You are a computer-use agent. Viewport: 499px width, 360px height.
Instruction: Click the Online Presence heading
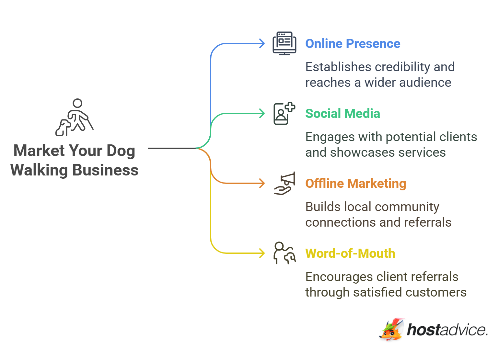tap(353, 44)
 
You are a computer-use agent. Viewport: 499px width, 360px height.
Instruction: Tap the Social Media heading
tap(342, 114)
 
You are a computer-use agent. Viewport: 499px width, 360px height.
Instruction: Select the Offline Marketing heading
tap(355, 184)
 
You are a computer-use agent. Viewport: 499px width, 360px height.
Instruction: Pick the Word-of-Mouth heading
tap(350, 253)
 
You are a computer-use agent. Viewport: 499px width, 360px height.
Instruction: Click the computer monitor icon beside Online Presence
tap(284, 43)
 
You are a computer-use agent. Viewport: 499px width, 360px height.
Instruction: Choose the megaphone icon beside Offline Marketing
tap(285, 183)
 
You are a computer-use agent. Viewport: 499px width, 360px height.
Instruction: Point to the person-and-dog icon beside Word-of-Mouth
tap(284, 253)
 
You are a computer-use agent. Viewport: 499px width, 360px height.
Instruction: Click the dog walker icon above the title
tap(75, 117)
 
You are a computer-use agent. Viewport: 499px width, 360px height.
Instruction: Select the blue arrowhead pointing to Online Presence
tap(262, 43)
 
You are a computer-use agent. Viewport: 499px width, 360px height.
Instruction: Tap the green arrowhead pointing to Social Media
tap(262, 113)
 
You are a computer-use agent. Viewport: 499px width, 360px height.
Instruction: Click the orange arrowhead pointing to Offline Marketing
tap(262, 183)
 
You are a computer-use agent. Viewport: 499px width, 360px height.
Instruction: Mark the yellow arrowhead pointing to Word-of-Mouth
tap(262, 253)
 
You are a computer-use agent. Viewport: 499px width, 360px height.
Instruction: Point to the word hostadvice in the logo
tap(447, 330)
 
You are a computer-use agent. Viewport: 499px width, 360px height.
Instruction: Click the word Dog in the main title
tap(121, 151)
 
